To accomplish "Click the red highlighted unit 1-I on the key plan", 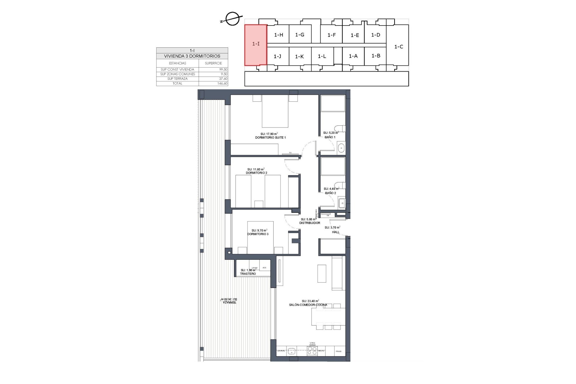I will tap(256, 44).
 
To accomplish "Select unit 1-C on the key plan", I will tap(398, 47).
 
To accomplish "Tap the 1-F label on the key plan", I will tap(331, 35).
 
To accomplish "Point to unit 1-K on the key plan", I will tap(299, 56).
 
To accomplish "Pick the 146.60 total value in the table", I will tap(222, 84).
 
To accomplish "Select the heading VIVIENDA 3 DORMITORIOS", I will tap(192, 56).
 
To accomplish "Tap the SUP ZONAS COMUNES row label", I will tap(178, 74).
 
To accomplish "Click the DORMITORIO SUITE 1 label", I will tap(270, 138).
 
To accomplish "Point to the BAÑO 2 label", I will tap(331, 193).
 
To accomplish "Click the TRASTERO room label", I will tap(248, 274).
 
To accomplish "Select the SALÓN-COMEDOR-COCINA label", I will tap(308, 305).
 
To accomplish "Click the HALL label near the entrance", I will tap(336, 232).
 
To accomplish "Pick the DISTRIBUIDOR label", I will tap(310, 223).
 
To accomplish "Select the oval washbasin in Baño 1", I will tap(341, 148).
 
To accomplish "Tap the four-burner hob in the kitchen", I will tap(312, 351).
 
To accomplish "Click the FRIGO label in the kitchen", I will tap(338, 351).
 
